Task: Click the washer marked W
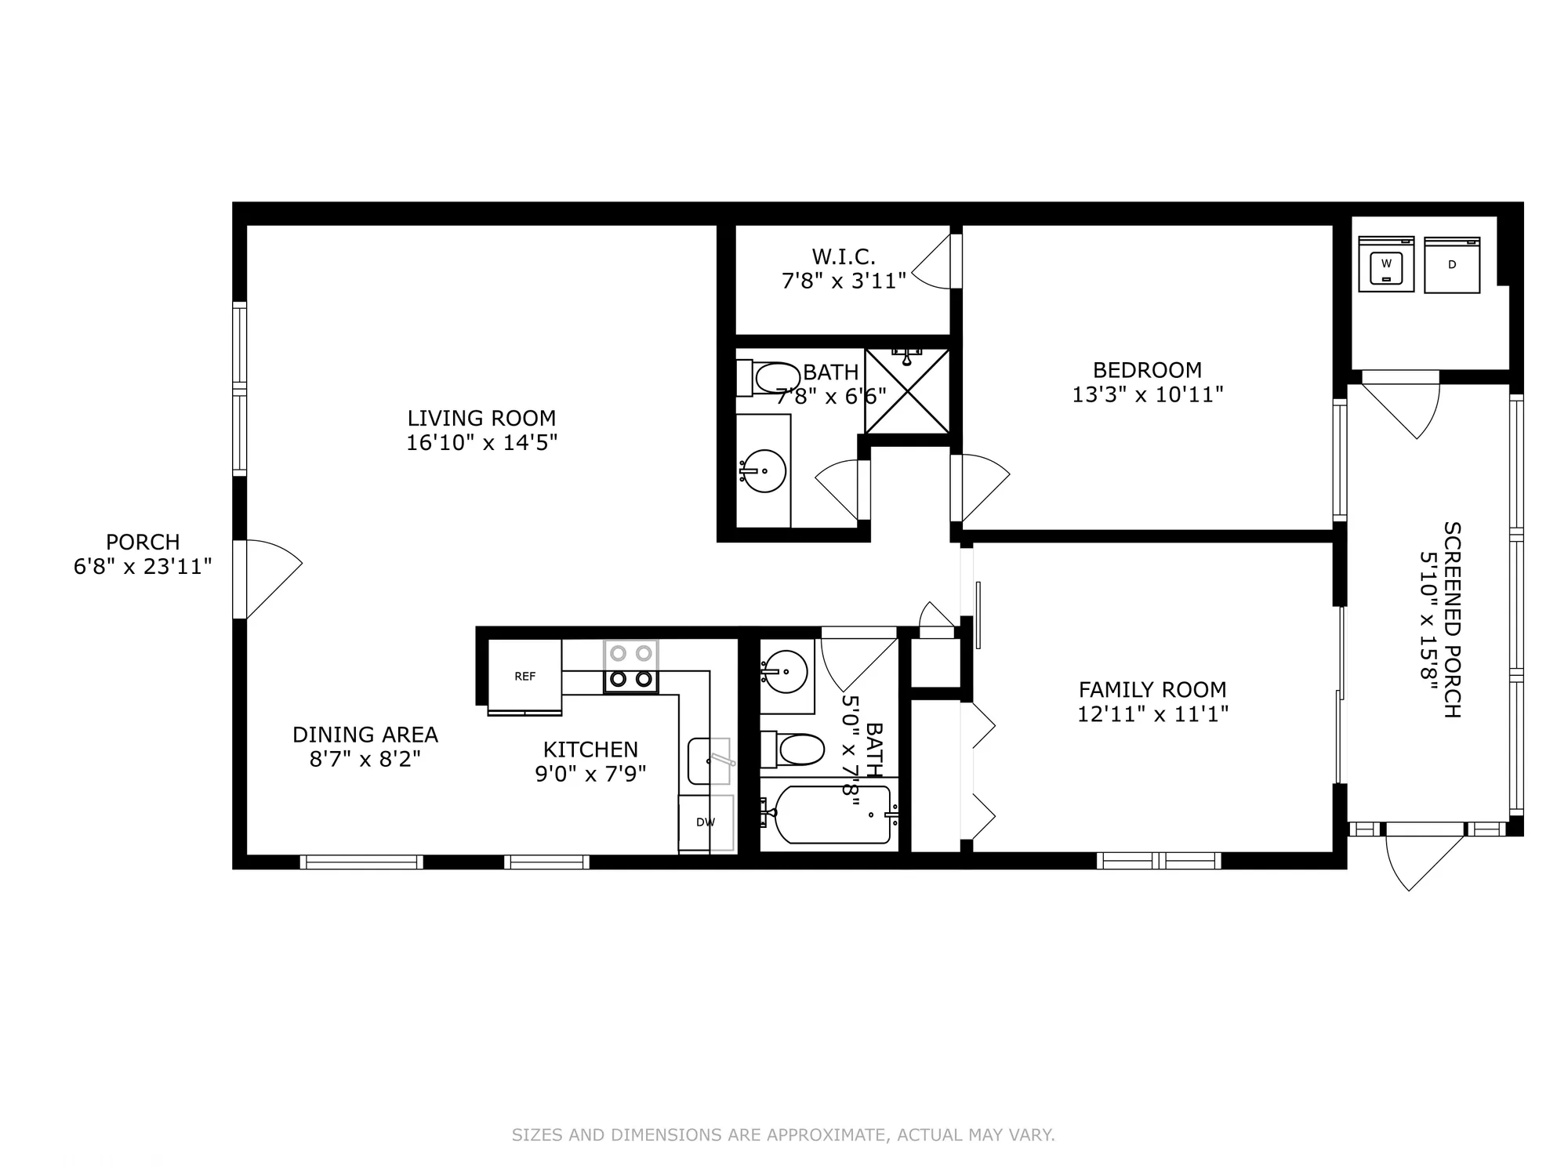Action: pos(1386,265)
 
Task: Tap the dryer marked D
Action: pos(1452,265)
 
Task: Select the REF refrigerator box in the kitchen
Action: pos(524,676)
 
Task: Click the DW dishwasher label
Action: pos(706,822)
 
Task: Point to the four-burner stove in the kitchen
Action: pos(630,666)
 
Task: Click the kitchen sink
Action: pos(709,760)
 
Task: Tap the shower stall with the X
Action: pos(907,391)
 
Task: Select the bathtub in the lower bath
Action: pos(832,815)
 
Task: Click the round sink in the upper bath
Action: pos(764,470)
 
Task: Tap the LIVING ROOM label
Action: pos(481,418)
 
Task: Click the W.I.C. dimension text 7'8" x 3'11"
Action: pos(844,281)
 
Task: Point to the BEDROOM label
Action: pos(1147,370)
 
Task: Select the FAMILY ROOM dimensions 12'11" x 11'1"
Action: pos(1152,714)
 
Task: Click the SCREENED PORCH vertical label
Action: pos(1451,619)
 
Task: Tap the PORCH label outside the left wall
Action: pos(143,542)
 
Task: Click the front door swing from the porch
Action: pos(270,579)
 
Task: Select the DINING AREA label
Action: pos(365,735)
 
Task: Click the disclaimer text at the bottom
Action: pos(783,1134)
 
